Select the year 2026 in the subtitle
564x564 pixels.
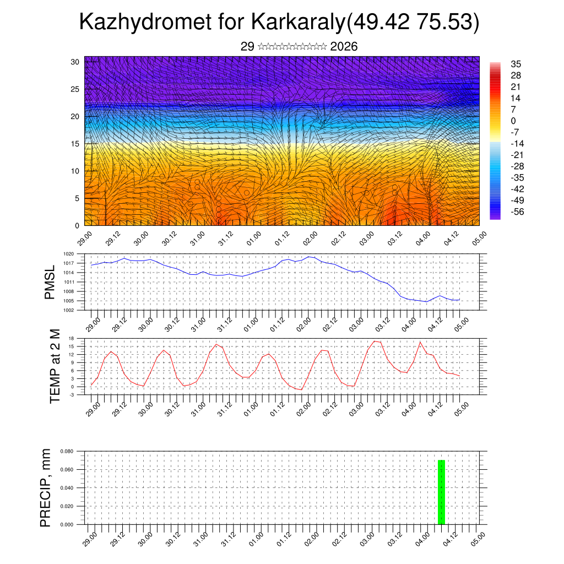[344, 47]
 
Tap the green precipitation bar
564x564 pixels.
[441, 492]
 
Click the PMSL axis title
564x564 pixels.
[50, 283]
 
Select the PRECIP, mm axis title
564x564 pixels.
[46, 487]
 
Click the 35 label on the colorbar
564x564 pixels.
[516, 64]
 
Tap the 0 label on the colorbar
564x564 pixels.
[513, 121]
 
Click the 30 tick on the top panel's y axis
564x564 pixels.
[75, 62]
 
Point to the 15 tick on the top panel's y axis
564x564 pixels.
[75, 144]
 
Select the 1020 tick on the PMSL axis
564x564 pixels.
[68, 254]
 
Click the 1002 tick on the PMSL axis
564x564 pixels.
[68, 310]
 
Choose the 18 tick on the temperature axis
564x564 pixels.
[71, 338]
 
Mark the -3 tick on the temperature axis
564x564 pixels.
[71, 395]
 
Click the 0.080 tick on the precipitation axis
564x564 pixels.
[67, 452]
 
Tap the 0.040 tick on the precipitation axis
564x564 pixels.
[67, 488]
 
